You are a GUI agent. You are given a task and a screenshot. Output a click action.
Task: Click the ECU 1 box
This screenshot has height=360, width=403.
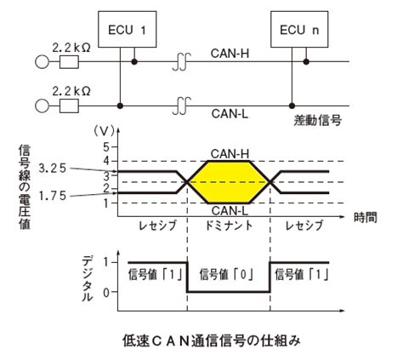[127, 29]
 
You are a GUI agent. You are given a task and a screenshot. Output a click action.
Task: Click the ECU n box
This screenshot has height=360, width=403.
[299, 29]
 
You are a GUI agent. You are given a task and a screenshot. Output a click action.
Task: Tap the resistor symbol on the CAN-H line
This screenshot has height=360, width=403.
[69, 62]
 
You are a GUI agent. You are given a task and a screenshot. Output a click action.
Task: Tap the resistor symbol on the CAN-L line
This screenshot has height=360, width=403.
[69, 106]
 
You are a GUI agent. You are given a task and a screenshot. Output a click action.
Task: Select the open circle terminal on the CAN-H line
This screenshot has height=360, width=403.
[42, 62]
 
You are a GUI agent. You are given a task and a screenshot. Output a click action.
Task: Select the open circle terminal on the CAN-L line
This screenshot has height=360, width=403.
[42, 106]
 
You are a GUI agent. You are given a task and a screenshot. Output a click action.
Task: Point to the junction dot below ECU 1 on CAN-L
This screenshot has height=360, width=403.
[121, 106]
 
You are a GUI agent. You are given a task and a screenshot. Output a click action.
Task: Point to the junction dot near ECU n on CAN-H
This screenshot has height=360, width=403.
[306, 61]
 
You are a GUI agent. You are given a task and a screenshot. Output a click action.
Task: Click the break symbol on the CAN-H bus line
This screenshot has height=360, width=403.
[182, 62]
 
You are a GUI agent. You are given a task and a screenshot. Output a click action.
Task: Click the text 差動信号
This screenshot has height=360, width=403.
[317, 121]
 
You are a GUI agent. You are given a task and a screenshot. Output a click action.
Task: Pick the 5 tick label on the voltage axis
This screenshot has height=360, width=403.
[106, 147]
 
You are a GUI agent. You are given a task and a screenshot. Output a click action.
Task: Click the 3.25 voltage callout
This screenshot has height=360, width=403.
[52, 169]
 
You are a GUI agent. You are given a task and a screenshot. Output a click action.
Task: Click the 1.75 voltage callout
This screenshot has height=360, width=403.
[52, 196]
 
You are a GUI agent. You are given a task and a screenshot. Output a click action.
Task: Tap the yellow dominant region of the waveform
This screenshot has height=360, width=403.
[229, 182]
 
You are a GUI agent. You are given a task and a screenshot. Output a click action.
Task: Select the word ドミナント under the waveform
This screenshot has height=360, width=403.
[229, 226]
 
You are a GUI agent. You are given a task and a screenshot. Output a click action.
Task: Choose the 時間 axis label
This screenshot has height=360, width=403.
[366, 218]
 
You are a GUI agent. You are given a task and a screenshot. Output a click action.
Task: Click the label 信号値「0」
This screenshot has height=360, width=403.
[226, 275]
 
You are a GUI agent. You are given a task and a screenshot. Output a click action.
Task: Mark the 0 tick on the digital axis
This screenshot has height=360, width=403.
[106, 293]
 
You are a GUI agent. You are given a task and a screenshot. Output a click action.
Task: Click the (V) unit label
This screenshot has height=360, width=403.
[104, 131]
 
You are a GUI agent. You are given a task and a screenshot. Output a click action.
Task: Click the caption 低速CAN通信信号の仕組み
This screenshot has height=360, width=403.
[212, 340]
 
